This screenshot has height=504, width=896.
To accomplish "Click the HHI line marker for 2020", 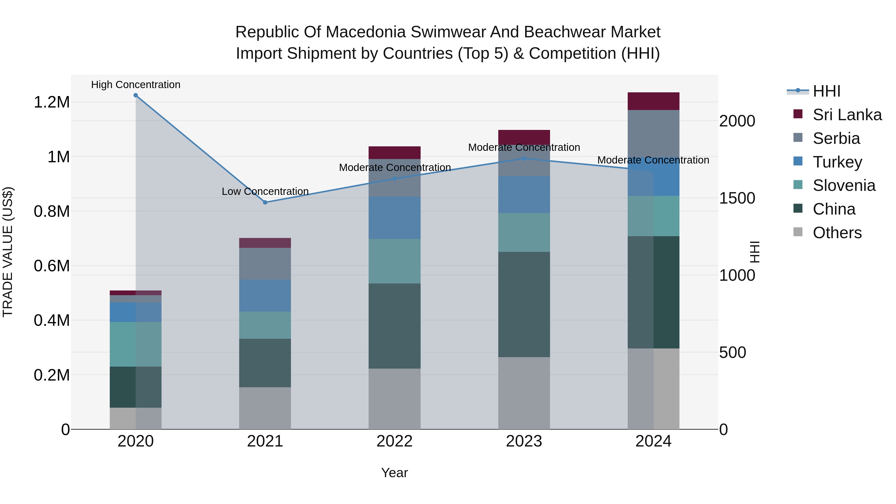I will (136, 95).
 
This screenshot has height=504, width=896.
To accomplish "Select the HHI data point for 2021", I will (265, 202).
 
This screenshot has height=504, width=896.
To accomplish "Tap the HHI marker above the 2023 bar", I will (524, 159).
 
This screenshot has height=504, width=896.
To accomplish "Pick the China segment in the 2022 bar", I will (394, 326).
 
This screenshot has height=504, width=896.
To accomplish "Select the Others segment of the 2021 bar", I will (265, 408).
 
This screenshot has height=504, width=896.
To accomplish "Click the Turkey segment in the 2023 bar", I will (524, 194).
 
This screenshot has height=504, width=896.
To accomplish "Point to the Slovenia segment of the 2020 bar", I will (136, 344).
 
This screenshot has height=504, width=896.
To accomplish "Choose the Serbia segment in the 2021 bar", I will (265, 264).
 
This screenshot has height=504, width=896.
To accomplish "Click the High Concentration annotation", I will (136, 85).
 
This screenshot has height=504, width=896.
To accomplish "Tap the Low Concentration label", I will (265, 192).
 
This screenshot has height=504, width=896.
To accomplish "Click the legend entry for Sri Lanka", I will (847, 115).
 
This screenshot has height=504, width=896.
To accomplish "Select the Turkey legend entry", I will (837, 162).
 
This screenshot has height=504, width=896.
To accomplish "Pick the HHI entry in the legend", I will (826, 91).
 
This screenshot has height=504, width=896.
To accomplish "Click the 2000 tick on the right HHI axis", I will (737, 121).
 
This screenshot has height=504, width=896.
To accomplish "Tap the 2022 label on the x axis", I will (394, 441).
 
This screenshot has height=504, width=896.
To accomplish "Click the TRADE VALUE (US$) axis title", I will (8, 252).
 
